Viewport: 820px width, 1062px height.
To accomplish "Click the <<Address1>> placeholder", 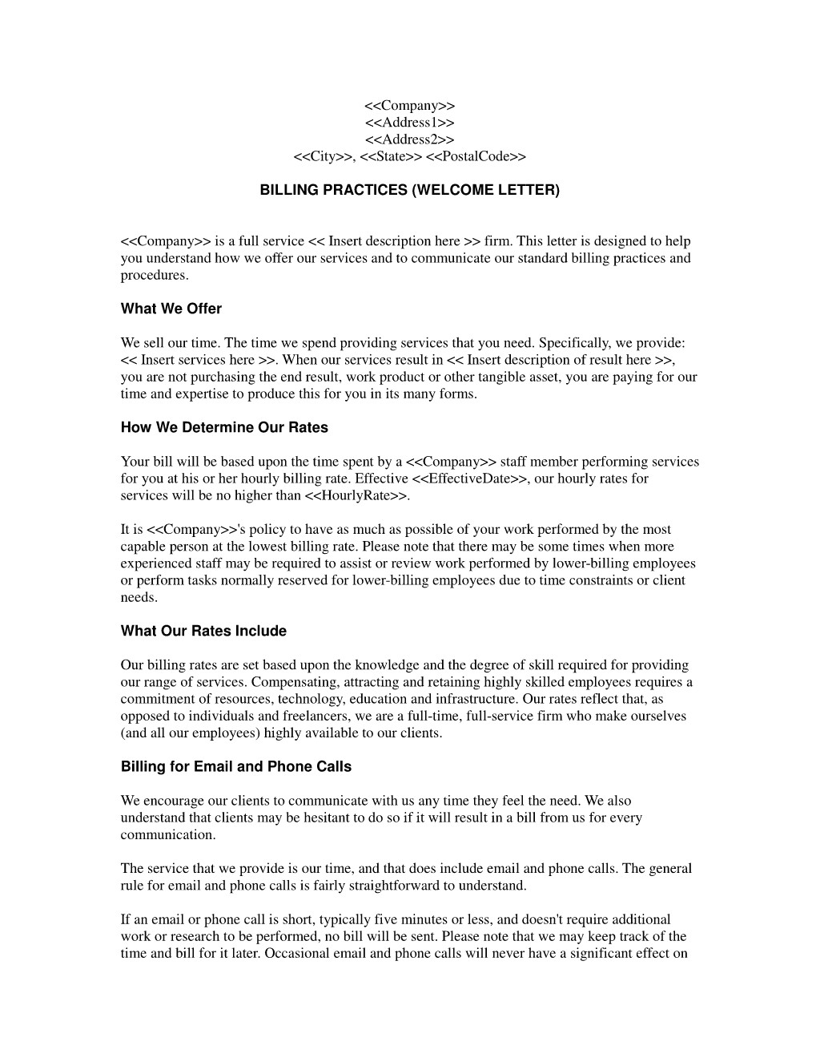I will pyautogui.click(x=409, y=123).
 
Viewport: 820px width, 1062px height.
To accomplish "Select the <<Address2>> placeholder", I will pyautogui.click(x=409, y=139).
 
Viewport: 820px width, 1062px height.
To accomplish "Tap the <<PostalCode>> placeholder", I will pyautogui.click(x=476, y=156).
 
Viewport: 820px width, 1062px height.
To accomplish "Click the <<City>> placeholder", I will pyautogui.click(x=324, y=156).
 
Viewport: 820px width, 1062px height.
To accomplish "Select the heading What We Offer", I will pyautogui.click(x=171, y=309).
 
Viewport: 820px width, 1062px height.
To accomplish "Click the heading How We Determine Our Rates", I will pyautogui.click(x=224, y=427).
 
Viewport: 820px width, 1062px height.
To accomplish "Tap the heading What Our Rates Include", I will pyautogui.click(x=203, y=631).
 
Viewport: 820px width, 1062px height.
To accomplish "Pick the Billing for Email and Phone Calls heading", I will pyautogui.click(x=236, y=766).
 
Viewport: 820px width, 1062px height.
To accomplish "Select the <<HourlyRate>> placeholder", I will pyautogui.click(x=356, y=495).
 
